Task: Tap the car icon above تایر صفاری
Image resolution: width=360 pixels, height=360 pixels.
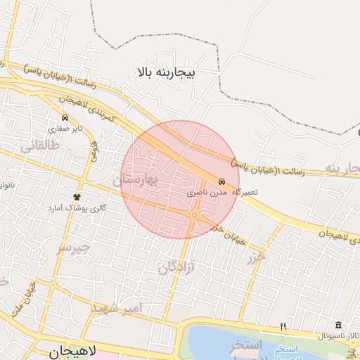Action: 65,117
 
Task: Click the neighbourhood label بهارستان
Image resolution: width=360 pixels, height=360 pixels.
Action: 138,181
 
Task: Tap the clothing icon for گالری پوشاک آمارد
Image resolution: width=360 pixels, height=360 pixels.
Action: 77,197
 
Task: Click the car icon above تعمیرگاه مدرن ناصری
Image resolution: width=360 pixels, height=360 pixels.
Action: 222,181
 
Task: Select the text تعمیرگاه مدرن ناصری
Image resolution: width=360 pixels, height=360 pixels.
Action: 222,192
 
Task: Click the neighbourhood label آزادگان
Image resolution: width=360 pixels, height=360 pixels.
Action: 176,267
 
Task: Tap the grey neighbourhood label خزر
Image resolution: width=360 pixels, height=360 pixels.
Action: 257,257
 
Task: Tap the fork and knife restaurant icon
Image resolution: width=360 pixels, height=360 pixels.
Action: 283,327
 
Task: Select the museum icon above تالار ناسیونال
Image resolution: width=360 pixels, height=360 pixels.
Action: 338,325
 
